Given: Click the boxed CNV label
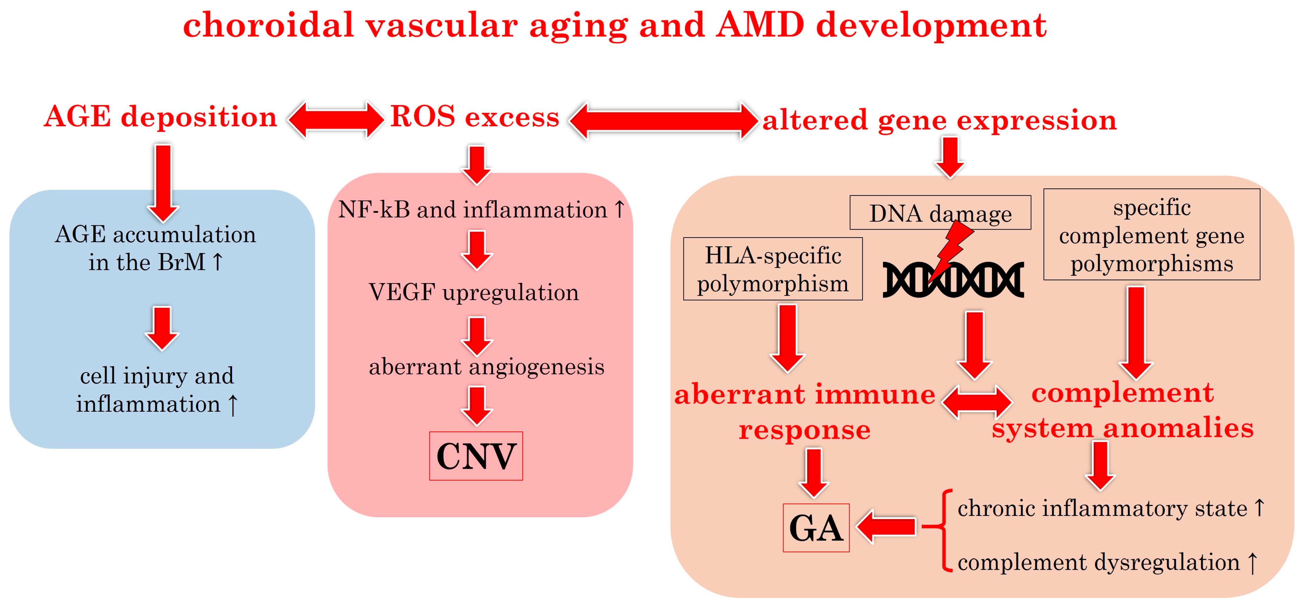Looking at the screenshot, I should click(x=476, y=456).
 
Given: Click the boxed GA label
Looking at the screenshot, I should click(x=816, y=528).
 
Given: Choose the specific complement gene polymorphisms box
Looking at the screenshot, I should click(x=1152, y=235).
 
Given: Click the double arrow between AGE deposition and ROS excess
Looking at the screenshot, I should click(x=335, y=120).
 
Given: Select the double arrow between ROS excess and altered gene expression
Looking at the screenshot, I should click(x=663, y=121).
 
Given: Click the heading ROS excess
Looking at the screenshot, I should click(x=475, y=117).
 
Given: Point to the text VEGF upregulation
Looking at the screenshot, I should click(x=474, y=292).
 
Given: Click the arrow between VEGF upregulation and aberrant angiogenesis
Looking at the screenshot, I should click(x=477, y=336).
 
